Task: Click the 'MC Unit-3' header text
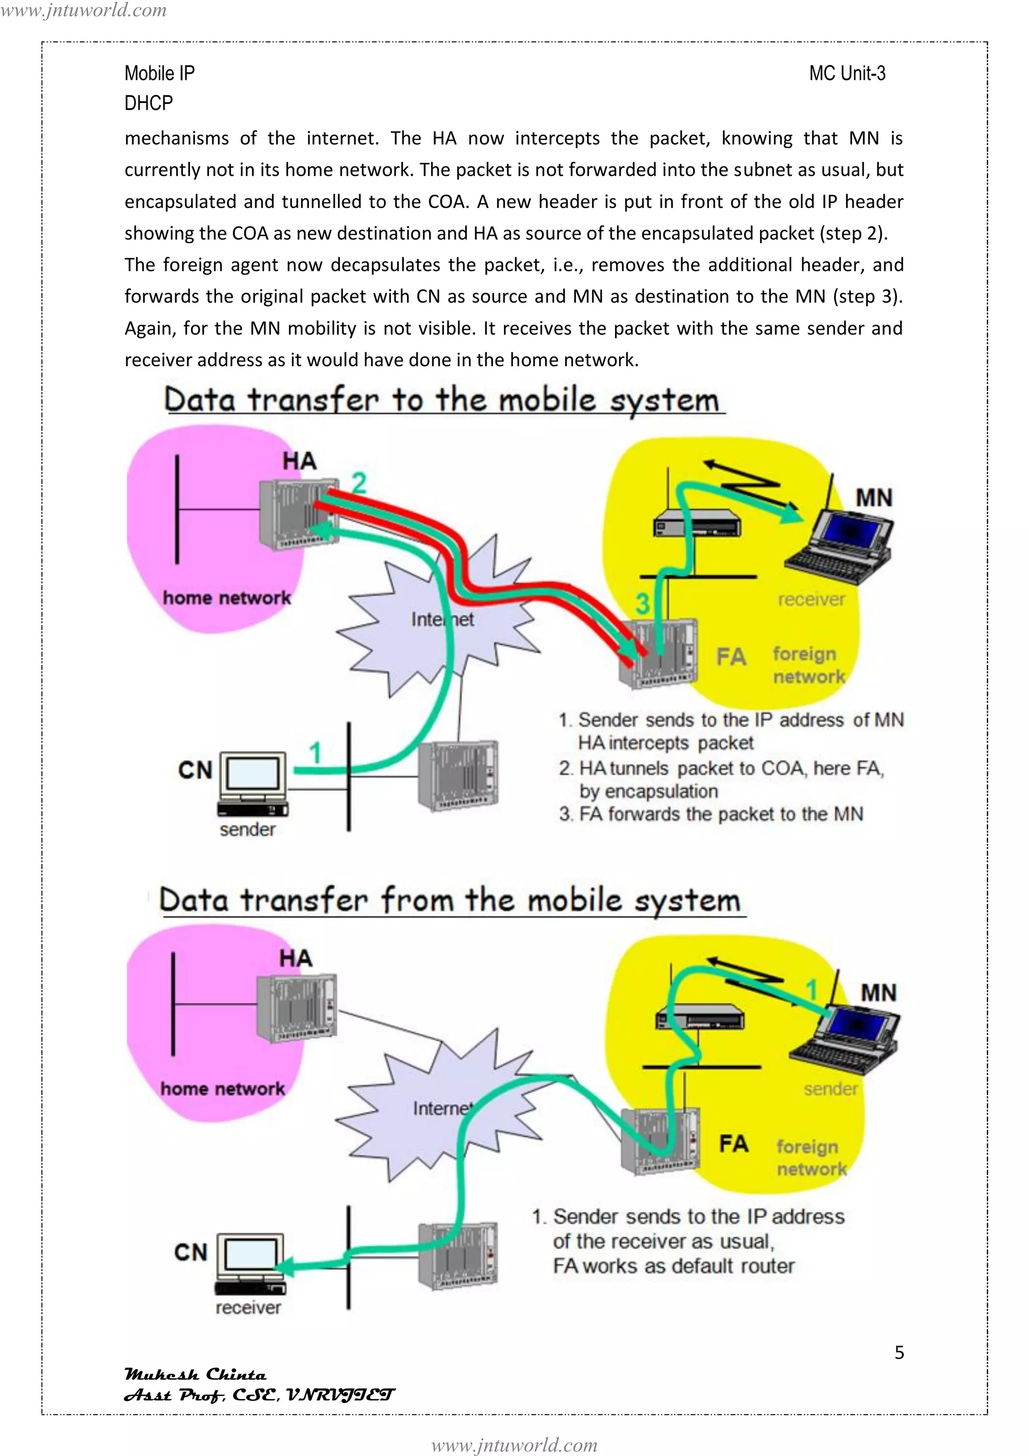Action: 847,73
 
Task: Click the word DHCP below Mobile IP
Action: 148,103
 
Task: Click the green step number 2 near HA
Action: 359,483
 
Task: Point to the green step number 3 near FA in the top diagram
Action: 642,603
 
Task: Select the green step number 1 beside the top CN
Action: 315,753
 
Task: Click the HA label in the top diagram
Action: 299,461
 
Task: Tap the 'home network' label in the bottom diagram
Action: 223,1089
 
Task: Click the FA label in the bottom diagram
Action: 734,1143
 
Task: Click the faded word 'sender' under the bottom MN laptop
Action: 830,1089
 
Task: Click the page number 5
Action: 899,1352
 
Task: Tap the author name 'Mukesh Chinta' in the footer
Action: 195,1374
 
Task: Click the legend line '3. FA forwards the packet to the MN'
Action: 711,814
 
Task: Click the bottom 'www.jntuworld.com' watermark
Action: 514,1445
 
